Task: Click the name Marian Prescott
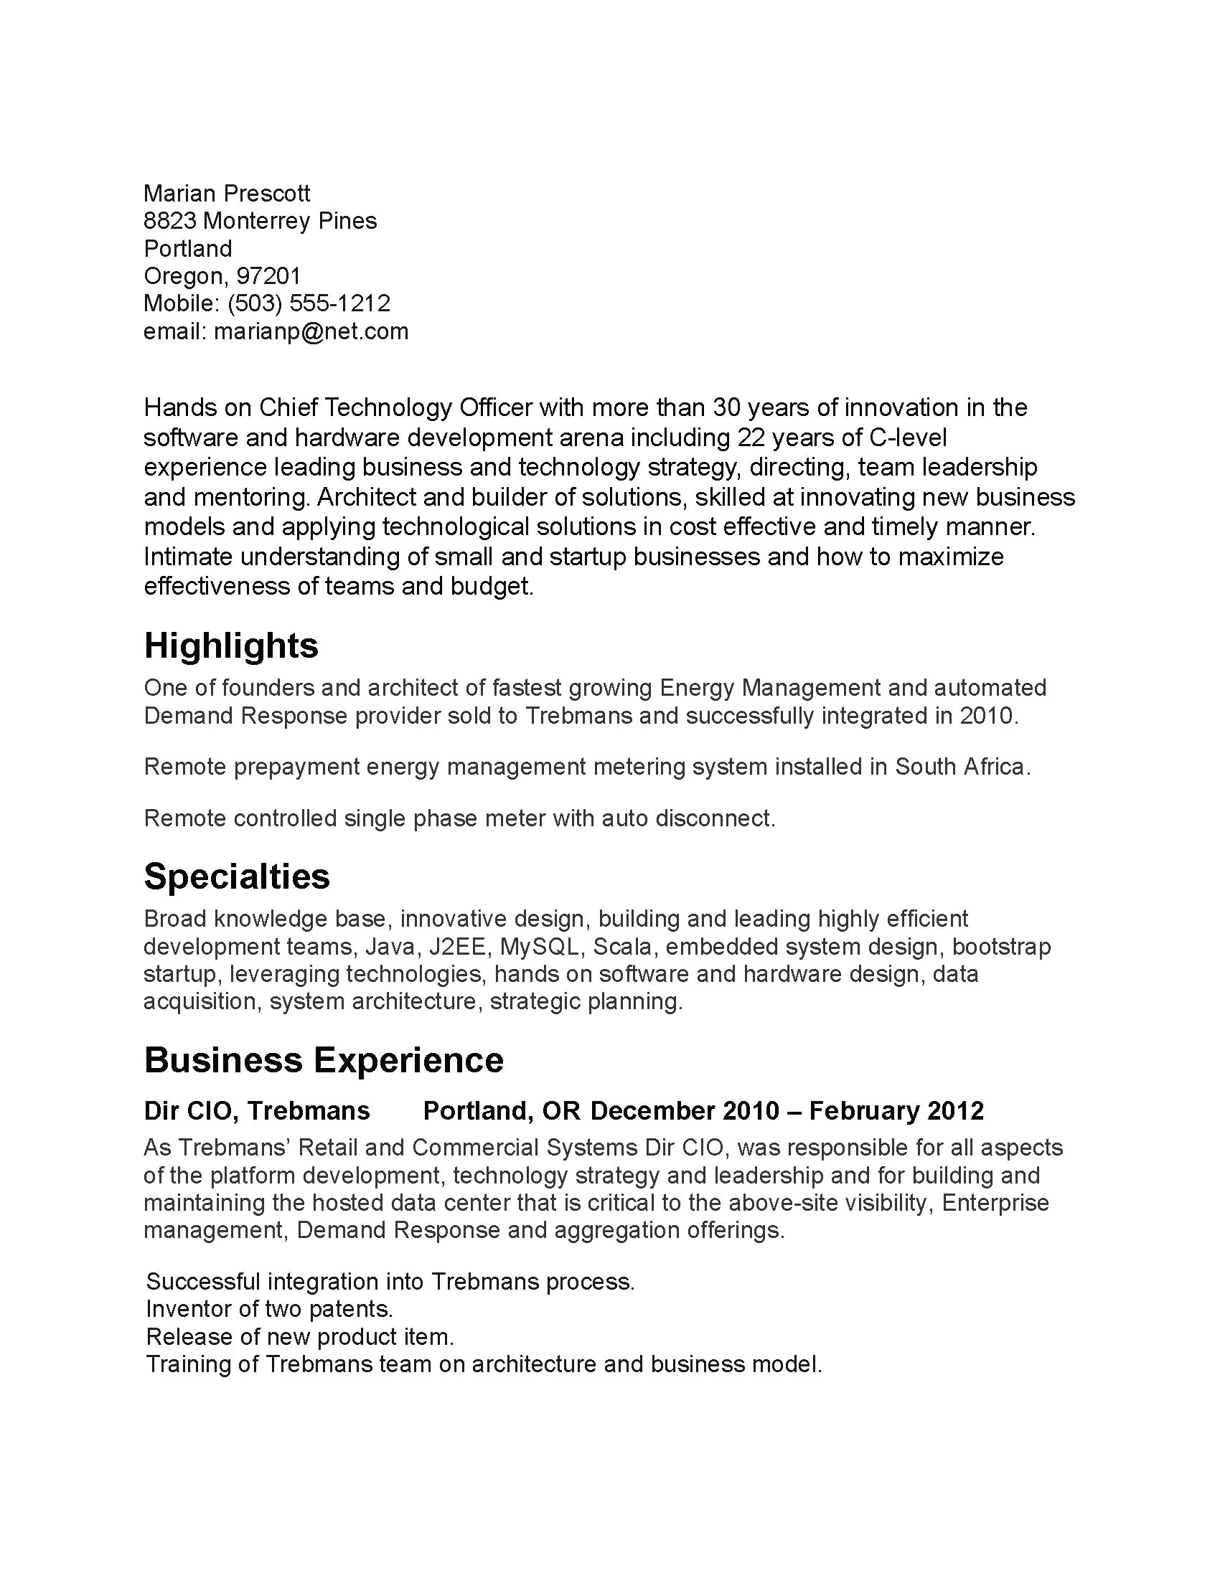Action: click(227, 194)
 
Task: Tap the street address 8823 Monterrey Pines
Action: click(261, 221)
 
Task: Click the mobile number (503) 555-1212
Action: click(309, 303)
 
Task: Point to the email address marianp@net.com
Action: click(311, 331)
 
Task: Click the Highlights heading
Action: click(231, 646)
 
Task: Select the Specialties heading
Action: click(237, 877)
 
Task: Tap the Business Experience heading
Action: click(324, 1061)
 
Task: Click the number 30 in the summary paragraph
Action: click(726, 408)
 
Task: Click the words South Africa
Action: click(959, 767)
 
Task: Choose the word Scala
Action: click(622, 947)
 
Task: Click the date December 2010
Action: click(685, 1110)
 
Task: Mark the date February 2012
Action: click(896, 1110)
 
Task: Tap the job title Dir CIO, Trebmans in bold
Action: click(257, 1110)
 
